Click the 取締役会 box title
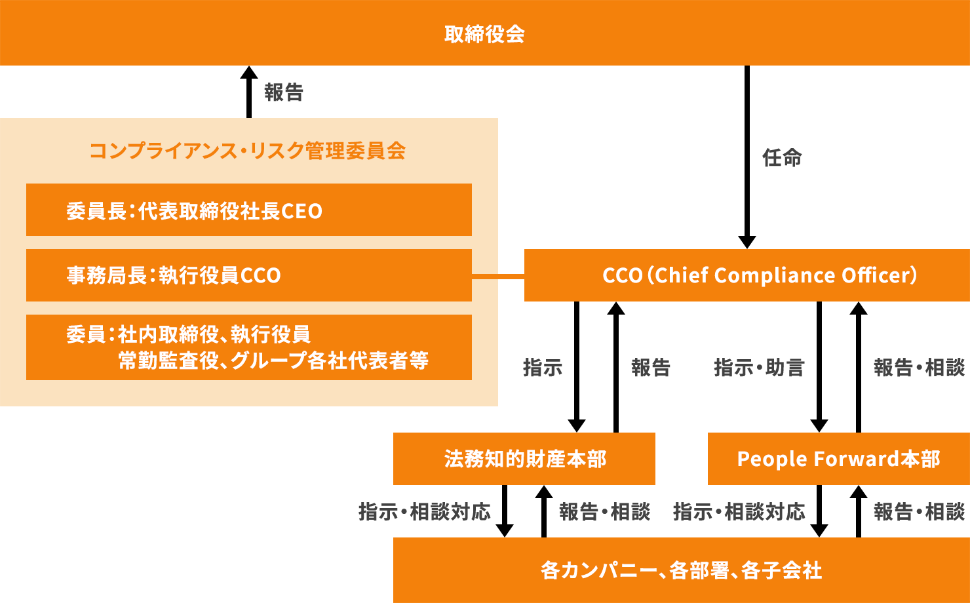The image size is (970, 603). [484, 34]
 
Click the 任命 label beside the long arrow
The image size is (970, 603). [782, 158]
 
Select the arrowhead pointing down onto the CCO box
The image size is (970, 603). [747, 242]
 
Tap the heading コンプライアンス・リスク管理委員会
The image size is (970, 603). [247, 151]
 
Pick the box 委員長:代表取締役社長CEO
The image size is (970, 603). [249, 210]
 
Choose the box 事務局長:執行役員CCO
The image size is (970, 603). [249, 275]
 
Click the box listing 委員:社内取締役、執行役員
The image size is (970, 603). [249, 347]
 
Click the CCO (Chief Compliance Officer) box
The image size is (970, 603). [747, 275]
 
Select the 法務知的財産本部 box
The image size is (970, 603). [524, 459]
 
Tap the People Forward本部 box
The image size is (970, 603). [839, 459]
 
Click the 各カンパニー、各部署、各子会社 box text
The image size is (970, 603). [681, 570]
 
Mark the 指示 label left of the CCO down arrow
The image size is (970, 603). [543, 367]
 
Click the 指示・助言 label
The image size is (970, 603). [759, 367]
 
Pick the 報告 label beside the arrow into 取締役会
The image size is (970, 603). [284, 92]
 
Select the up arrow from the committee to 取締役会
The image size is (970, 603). [249, 92]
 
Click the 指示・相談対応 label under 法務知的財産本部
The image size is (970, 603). [425, 512]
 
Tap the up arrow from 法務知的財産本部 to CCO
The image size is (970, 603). [616, 367]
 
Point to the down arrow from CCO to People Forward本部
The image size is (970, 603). [819, 367]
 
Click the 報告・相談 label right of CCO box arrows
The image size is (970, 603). [920, 367]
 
